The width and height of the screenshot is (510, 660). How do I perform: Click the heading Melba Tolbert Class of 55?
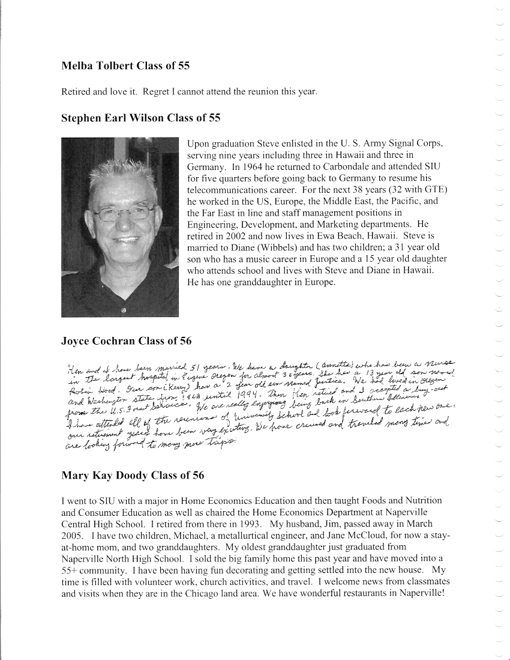(x=126, y=66)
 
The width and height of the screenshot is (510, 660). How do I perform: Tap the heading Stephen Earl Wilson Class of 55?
(x=141, y=118)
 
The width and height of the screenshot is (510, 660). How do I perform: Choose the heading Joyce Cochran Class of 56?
(x=127, y=341)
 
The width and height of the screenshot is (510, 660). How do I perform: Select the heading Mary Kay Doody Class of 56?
(x=133, y=476)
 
